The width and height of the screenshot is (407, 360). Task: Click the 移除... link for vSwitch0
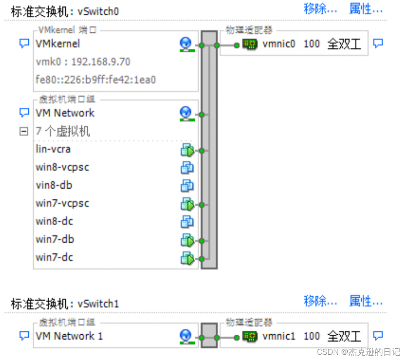[x=320, y=9]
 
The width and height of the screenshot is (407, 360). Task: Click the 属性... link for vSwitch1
[x=366, y=301]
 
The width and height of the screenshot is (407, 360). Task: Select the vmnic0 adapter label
[x=279, y=44]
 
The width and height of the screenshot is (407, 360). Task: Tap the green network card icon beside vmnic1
[x=250, y=336]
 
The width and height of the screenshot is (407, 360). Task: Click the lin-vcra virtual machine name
[x=53, y=149]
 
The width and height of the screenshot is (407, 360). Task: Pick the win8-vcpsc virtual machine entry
[x=62, y=167]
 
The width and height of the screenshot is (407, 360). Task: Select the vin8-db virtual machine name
[x=54, y=185]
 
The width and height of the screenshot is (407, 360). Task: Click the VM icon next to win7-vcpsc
[x=187, y=204]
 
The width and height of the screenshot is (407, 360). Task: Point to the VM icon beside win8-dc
[x=187, y=221]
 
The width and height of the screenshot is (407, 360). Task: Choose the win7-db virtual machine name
[x=55, y=239]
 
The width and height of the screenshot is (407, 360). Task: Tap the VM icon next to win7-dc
[x=187, y=258]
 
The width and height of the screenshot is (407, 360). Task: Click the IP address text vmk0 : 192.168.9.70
[x=83, y=62]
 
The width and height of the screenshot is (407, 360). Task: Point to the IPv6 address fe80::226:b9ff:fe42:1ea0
[x=96, y=80]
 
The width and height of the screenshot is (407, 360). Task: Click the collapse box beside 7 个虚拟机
[x=24, y=131]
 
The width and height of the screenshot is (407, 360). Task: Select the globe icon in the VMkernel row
[x=186, y=44]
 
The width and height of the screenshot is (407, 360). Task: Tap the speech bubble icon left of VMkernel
[x=24, y=44]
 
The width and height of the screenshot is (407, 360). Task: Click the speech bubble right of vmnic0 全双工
[x=378, y=44]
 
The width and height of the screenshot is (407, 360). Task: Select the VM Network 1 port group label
[x=69, y=336]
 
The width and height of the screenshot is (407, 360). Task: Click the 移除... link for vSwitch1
[x=320, y=301]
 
